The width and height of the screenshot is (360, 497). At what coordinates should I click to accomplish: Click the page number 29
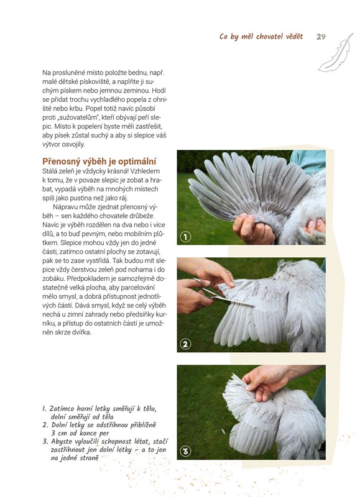pos(321,37)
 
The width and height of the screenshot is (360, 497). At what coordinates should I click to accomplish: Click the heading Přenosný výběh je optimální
pos(99,162)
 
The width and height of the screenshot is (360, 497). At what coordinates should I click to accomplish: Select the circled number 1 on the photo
pos(185,237)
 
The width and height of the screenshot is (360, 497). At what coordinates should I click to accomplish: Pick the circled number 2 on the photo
pos(185,344)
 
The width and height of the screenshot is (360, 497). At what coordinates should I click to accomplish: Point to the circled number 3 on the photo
pos(185,451)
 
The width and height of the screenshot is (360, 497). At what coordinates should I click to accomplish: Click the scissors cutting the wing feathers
pos(219,293)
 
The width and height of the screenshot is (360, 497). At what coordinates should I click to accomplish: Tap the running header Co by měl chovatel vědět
pos(261,37)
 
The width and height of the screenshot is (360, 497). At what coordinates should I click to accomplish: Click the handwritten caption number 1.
pos(44,409)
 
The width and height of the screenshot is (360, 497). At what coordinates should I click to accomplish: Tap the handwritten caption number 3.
pos(45,442)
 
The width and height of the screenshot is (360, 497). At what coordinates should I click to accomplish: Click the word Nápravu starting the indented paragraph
pos(65,207)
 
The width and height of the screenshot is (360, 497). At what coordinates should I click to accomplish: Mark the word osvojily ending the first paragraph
pos(73,145)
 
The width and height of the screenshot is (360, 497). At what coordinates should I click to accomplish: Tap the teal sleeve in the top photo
pos(308,161)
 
